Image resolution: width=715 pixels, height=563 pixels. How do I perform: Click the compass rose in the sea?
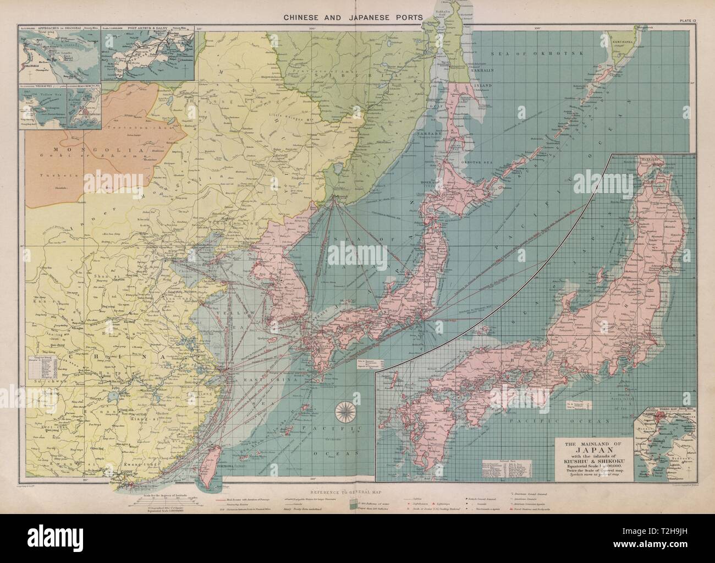pyautogui.click(x=345, y=410)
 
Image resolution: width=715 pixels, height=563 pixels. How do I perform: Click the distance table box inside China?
pyautogui.click(x=45, y=368)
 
